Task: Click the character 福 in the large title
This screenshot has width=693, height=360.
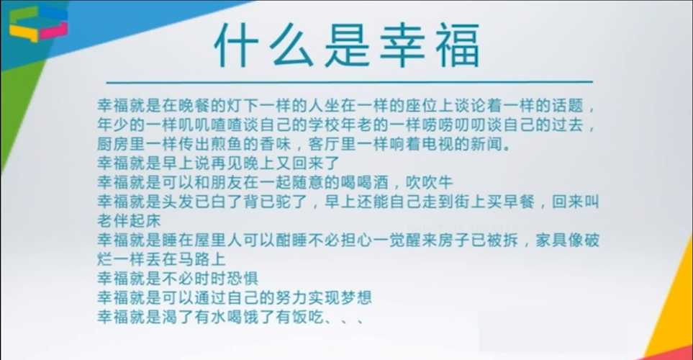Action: click(x=458, y=46)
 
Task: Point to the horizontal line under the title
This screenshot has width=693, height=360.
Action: click(x=349, y=82)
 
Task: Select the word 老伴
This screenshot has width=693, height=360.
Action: click(x=113, y=221)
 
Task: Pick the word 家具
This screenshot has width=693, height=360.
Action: click(x=551, y=240)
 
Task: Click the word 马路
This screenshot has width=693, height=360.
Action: click(x=194, y=259)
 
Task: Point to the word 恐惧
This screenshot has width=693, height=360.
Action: click(x=243, y=278)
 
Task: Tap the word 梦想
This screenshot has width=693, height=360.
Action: click(x=357, y=297)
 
